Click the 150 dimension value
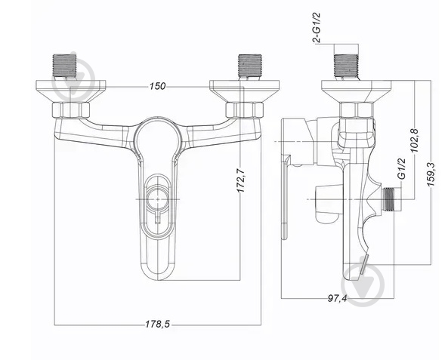pos(157,86)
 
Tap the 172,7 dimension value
pos(241,180)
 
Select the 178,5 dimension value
pos(157,324)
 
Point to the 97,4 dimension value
pos(337,298)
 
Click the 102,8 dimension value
pos(415,140)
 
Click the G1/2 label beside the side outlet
pos(402,168)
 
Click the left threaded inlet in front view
pos(65,66)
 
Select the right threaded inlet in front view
pos(250,66)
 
